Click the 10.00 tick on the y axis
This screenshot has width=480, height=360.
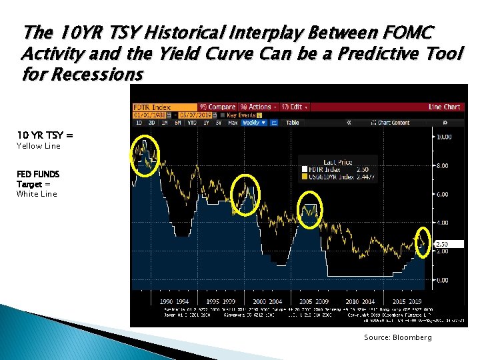click(443, 137)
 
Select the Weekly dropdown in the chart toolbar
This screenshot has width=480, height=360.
click(253, 123)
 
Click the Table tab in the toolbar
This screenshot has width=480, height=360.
click(292, 123)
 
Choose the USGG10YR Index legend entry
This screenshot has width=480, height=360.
click(331, 177)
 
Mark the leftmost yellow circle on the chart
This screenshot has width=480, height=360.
click(146, 155)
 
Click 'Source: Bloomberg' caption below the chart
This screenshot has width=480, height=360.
click(397, 338)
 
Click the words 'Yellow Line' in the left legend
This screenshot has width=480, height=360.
click(38, 146)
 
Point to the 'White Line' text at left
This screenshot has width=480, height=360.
click(37, 194)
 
